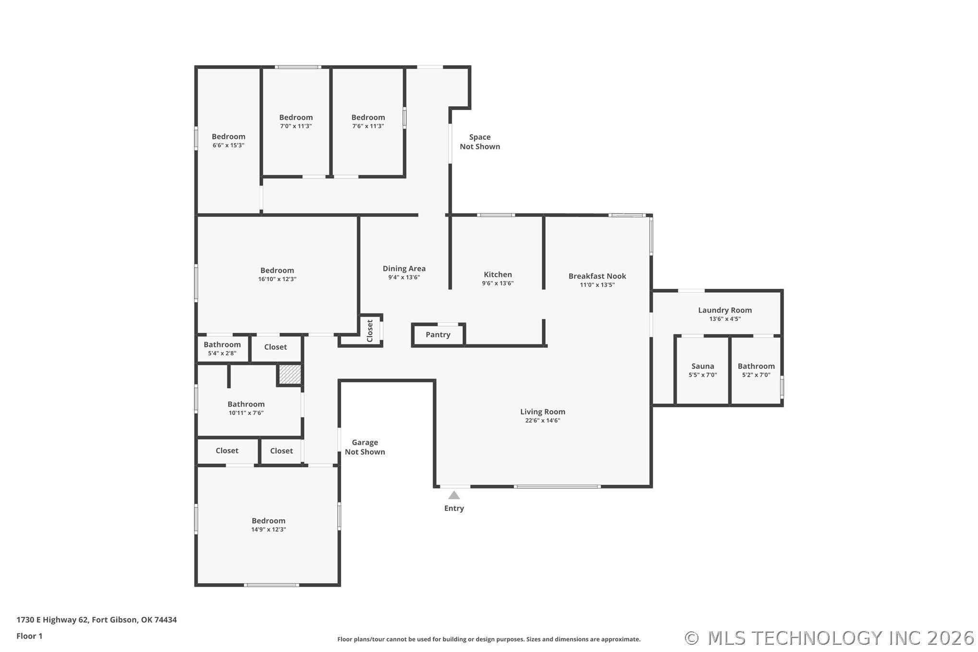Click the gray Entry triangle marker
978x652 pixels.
click(454, 495)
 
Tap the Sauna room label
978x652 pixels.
click(703, 366)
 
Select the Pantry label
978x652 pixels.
click(438, 335)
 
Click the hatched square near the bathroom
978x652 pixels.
click(290, 374)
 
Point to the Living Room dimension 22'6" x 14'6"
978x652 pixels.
click(543, 420)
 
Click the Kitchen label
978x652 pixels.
click(498, 275)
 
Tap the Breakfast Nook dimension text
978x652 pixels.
click(597, 285)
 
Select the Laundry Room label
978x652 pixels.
click(725, 310)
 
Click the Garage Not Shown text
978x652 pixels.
click(365, 447)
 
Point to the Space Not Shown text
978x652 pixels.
click(480, 142)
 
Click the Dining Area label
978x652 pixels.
click(404, 269)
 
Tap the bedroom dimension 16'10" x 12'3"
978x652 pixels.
click(277, 279)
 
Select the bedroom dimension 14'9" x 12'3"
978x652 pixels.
click(269, 529)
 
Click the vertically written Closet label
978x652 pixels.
click(370, 331)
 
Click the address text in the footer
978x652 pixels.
click(97, 620)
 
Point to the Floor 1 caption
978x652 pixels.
click(29, 636)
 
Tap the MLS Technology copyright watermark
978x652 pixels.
click(829, 638)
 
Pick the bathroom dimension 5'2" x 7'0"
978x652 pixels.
click(756, 375)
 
